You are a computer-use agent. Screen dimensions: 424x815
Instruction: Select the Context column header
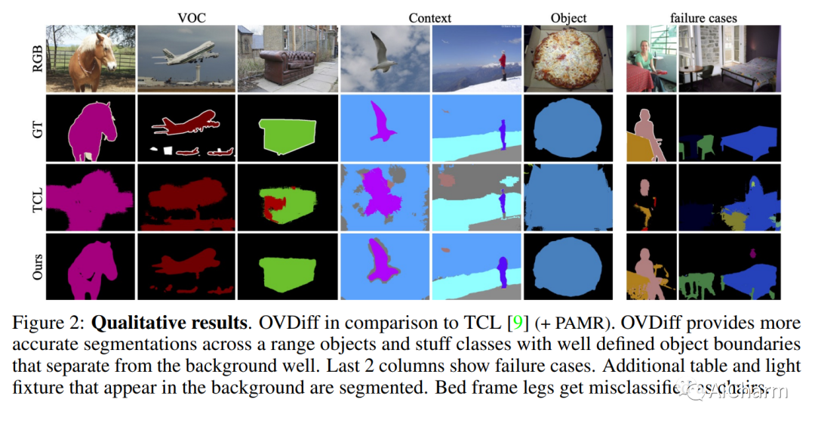coord(429,17)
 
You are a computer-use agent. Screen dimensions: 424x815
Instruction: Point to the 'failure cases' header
coord(703,17)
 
